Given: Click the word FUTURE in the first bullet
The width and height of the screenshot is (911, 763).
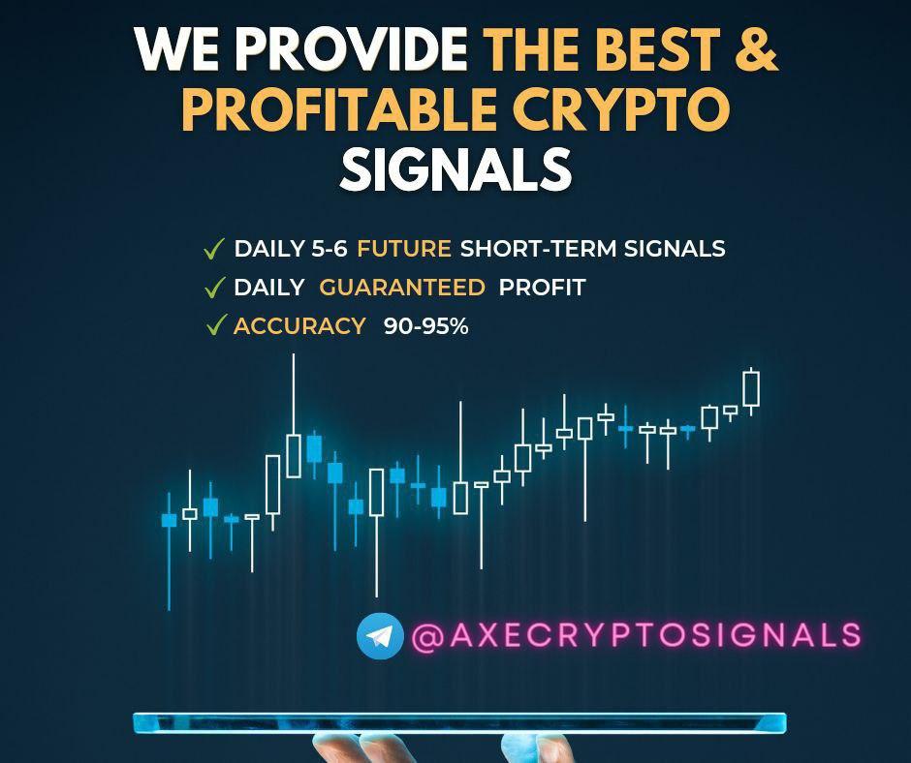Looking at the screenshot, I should point(403,249).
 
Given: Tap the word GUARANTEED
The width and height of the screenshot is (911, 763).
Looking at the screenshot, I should point(402,288).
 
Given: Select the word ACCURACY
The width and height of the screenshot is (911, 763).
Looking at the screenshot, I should point(299,326).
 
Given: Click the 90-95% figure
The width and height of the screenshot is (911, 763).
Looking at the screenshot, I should point(425,326).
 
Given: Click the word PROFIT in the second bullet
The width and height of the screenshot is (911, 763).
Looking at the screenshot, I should point(542,288).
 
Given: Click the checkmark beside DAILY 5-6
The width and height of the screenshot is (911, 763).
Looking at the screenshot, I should point(214,249).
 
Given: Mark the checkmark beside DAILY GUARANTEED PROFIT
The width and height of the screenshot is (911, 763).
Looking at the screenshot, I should point(214,288).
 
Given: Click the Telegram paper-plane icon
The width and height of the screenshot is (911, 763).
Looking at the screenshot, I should point(380,636).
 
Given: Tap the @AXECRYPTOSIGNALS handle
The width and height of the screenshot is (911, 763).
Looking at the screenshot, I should point(636,635).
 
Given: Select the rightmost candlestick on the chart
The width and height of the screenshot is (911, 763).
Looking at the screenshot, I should point(750,389).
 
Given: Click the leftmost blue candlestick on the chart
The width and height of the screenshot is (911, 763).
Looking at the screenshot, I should point(169,520).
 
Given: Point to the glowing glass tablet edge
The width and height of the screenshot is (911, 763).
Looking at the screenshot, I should point(458,722).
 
